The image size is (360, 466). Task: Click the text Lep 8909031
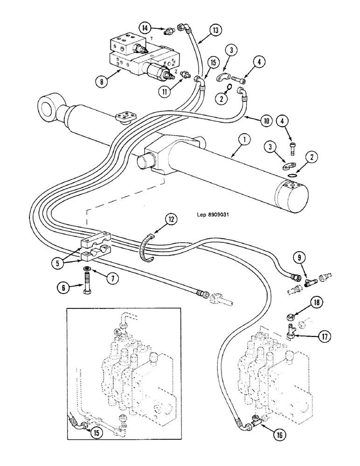point(215,215)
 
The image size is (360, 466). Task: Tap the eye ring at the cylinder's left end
point(46,104)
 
